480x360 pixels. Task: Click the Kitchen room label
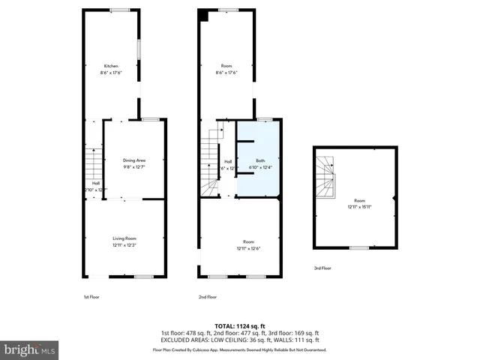pos(111,66)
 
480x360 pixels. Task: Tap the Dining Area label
pos(133,160)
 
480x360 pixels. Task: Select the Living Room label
pos(124,238)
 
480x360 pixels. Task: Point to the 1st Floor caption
pos(91,297)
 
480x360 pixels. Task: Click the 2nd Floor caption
pos(208,297)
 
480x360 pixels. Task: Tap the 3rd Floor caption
pos(322,268)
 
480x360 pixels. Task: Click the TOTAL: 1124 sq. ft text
pos(239,326)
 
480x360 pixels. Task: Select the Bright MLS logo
pos(30,349)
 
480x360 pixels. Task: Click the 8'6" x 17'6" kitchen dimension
pos(111,73)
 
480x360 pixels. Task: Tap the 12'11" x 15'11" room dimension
pos(359,206)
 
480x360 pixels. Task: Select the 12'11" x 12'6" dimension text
pos(248,248)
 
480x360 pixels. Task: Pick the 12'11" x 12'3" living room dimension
pos(124,244)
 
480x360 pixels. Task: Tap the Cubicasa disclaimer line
pos(240,350)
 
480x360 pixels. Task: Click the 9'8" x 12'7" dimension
pos(133,166)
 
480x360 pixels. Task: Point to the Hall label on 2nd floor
pos(228,161)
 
